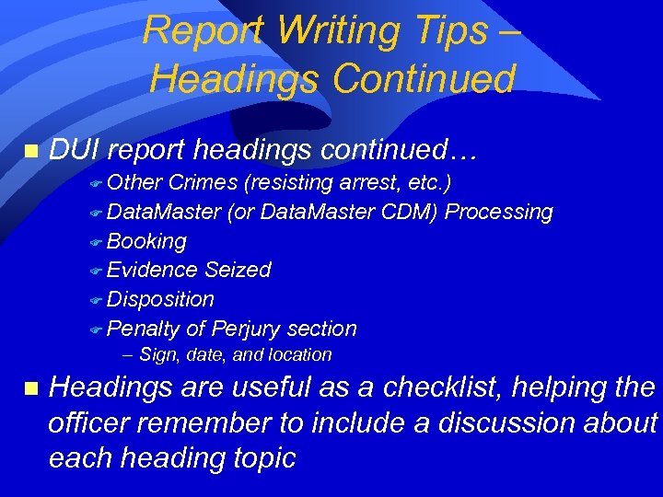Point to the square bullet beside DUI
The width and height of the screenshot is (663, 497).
(x=31, y=151)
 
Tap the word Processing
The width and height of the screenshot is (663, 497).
(x=499, y=213)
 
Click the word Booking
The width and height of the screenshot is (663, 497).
(x=146, y=242)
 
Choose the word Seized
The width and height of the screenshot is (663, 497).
(x=238, y=270)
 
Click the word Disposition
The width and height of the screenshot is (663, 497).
(x=160, y=299)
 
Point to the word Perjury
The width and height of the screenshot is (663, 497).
(x=246, y=329)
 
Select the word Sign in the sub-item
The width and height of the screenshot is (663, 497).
(x=156, y=355)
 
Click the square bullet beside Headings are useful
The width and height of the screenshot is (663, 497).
(x=31, y=389)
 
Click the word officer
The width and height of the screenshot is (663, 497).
(x=93, y=422)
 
